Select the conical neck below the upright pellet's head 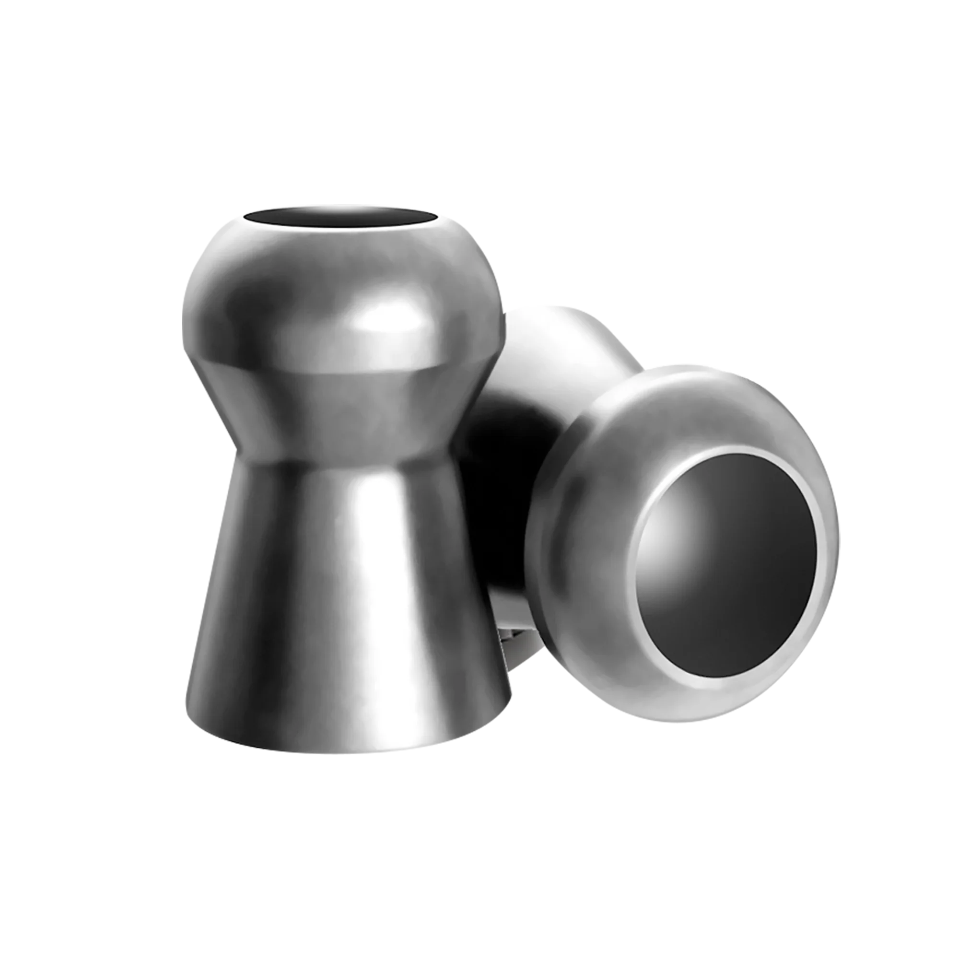[342, 412]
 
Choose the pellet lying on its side [670, 521]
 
